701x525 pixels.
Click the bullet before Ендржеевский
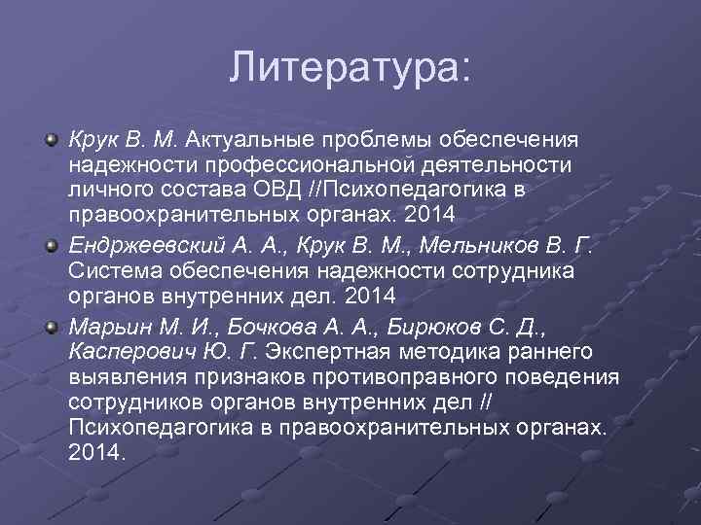53,241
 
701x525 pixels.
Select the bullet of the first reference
53,142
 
